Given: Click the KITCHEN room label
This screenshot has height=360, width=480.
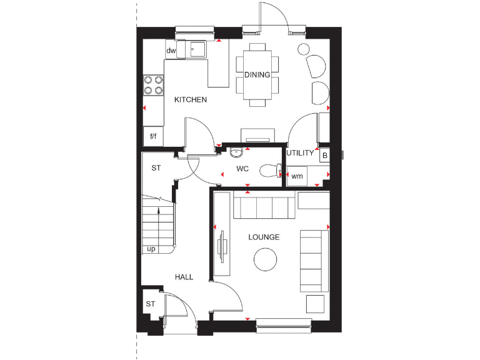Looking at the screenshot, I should point(190,100).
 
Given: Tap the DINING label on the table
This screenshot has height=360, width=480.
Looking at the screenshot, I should point(257,75).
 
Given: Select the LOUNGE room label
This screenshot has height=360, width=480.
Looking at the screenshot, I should point(264,237).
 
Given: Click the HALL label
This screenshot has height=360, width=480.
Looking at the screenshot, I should point(184,277).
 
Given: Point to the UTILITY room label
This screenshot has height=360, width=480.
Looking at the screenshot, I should point(300,153).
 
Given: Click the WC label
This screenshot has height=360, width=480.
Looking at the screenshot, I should point(242,169).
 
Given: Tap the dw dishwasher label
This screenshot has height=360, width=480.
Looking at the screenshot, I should point(171,50).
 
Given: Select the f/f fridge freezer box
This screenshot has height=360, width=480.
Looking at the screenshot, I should point(153,136).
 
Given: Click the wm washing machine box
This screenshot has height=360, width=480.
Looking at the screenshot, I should point(297,176).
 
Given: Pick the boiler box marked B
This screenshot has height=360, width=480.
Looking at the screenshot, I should point(324,155).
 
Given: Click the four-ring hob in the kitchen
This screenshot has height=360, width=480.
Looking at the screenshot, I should point(153,84).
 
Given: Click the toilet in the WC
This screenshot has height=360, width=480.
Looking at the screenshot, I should point(269,170).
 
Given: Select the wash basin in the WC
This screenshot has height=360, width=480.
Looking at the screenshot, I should point(236,153).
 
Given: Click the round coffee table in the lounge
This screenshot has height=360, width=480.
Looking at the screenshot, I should point(265,259).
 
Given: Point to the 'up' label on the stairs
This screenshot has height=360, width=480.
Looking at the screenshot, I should point(151,249).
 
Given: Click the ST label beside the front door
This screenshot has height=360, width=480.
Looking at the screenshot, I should point(150,304).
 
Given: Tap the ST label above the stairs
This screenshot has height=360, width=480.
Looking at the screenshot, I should point(156,168).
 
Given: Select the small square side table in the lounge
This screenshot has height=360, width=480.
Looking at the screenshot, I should point(315,304).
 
